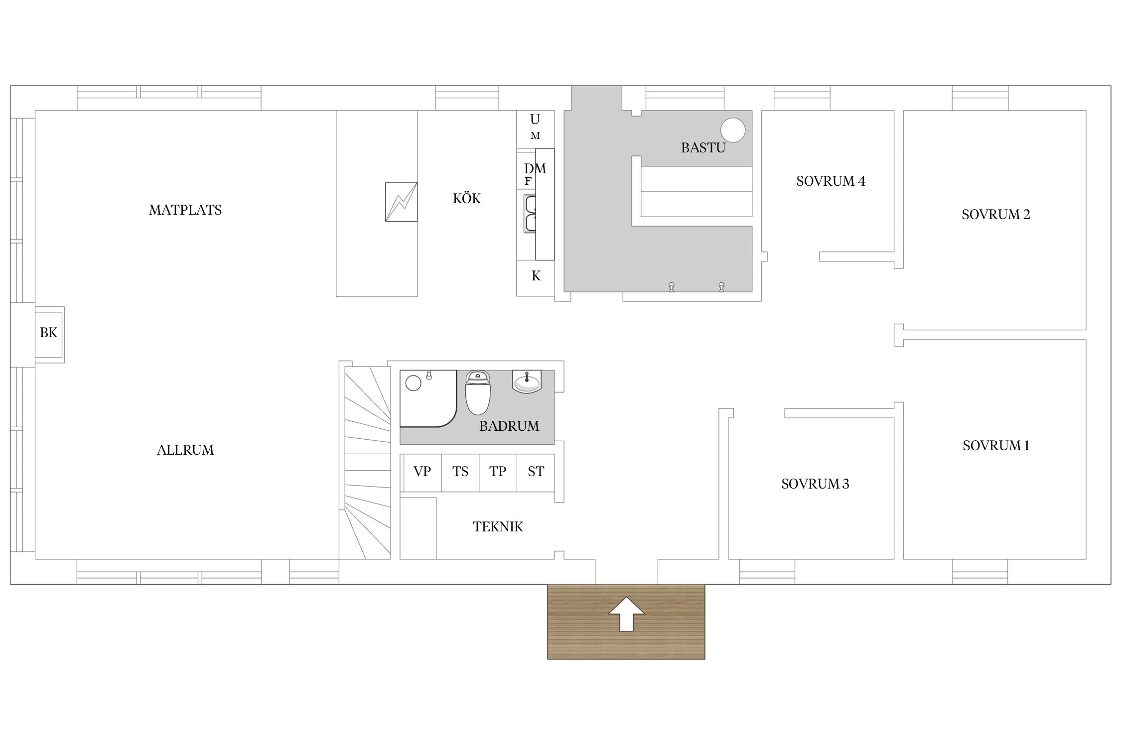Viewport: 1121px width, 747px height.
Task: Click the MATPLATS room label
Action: [185, 210]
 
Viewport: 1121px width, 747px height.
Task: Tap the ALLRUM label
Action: [185, 450]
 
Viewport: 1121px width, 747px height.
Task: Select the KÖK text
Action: [467, 198]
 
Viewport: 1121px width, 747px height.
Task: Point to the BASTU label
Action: [703, 148]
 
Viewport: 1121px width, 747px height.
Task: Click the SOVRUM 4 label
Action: [831, 181]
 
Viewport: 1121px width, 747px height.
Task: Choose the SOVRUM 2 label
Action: [995, 215]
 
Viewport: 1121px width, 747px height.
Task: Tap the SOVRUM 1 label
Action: [995, 446]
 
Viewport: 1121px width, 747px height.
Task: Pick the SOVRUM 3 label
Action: [815, 484]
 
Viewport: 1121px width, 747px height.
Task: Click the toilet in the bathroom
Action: [477, 393]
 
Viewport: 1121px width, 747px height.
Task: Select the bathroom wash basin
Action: [527, 382]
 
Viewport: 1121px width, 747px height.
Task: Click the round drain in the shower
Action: [414, 383]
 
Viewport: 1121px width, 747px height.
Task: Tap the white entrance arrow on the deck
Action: [626, 614]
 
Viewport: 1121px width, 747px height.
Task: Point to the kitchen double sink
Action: [530, 214]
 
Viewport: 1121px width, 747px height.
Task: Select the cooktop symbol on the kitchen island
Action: [401, 202]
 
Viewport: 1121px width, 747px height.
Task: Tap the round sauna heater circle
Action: [733, 130]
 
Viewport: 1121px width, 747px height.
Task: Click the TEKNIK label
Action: [498, 527]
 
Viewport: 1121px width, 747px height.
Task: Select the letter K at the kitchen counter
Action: [536, 276]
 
